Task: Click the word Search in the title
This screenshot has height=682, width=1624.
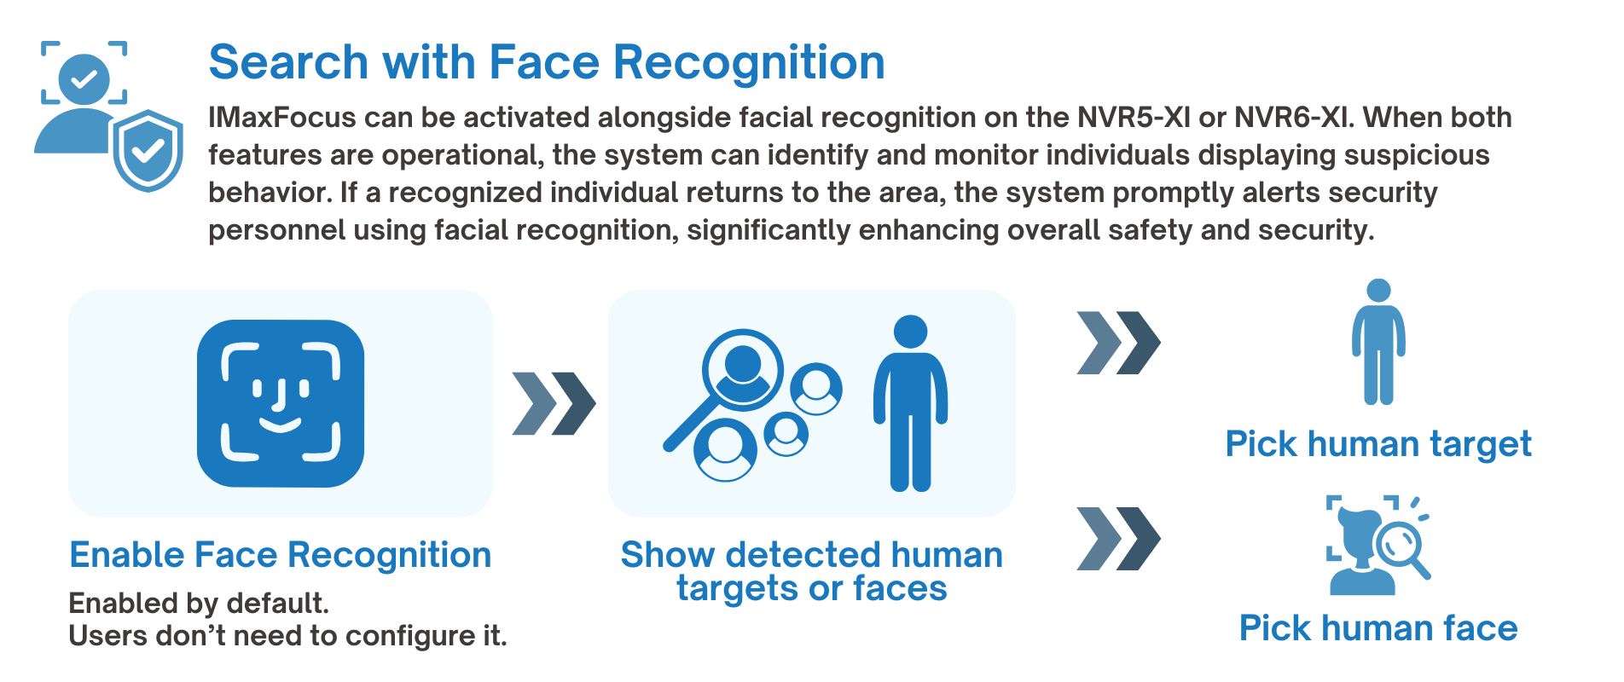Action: click(289, 62)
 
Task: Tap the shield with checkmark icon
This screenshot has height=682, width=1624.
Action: click(148, 150)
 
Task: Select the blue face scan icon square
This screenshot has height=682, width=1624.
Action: click(281, 403)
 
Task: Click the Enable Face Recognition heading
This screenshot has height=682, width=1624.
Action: click(281, 555)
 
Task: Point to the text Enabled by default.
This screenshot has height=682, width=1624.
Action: click(199, 604)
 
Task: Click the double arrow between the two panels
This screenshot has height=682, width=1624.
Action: click(554, 403)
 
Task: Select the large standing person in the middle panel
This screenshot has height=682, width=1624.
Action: click(910, 403)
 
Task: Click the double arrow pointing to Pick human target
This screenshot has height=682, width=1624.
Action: click(1118, 343)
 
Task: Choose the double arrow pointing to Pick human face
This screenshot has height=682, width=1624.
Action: click(1118, 539)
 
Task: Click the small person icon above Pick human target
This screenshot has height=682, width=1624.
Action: click(1378, 341)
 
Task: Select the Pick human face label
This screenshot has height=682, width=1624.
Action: click(1378, 628)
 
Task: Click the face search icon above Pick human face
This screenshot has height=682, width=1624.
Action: click(1377, 545)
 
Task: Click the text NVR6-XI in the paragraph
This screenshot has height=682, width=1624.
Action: click(1294, 118)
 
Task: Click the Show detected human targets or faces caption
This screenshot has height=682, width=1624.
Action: click(812, 572)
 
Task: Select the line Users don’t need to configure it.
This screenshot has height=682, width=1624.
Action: click(287, 636)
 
